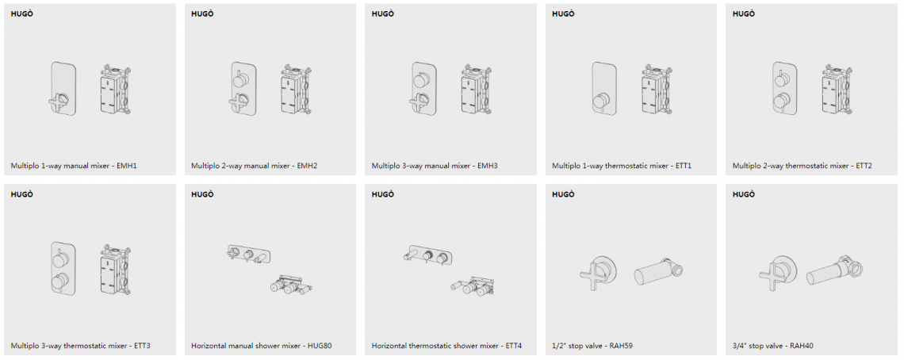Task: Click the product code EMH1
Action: coord(127,167)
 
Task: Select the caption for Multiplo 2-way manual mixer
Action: coord(255,167)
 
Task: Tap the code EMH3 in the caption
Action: coord(488,167)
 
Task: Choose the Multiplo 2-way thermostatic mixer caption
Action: coord(802,167)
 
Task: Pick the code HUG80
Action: coord(320,347)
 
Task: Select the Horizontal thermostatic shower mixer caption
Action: coord(446,347)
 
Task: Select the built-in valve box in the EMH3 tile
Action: coord(477,90)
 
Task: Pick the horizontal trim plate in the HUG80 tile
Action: coord(249,254)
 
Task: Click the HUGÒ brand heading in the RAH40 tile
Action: coord(743,194)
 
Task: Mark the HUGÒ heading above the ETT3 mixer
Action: coord(21,194)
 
